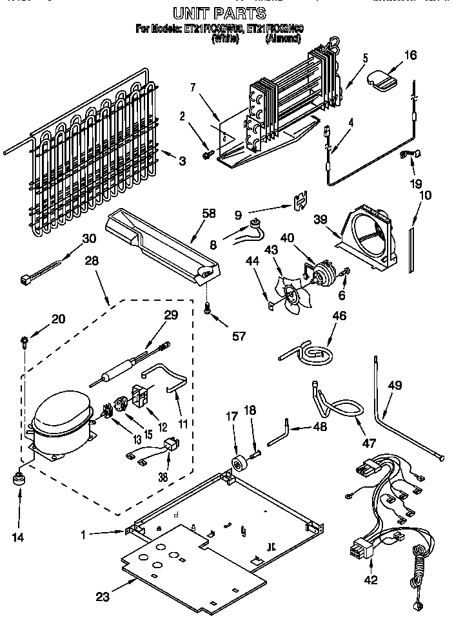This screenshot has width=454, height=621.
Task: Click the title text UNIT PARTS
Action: (219, 14)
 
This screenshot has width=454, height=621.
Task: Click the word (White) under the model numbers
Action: (225, 39)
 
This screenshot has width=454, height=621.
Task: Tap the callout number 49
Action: (395, 386)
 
